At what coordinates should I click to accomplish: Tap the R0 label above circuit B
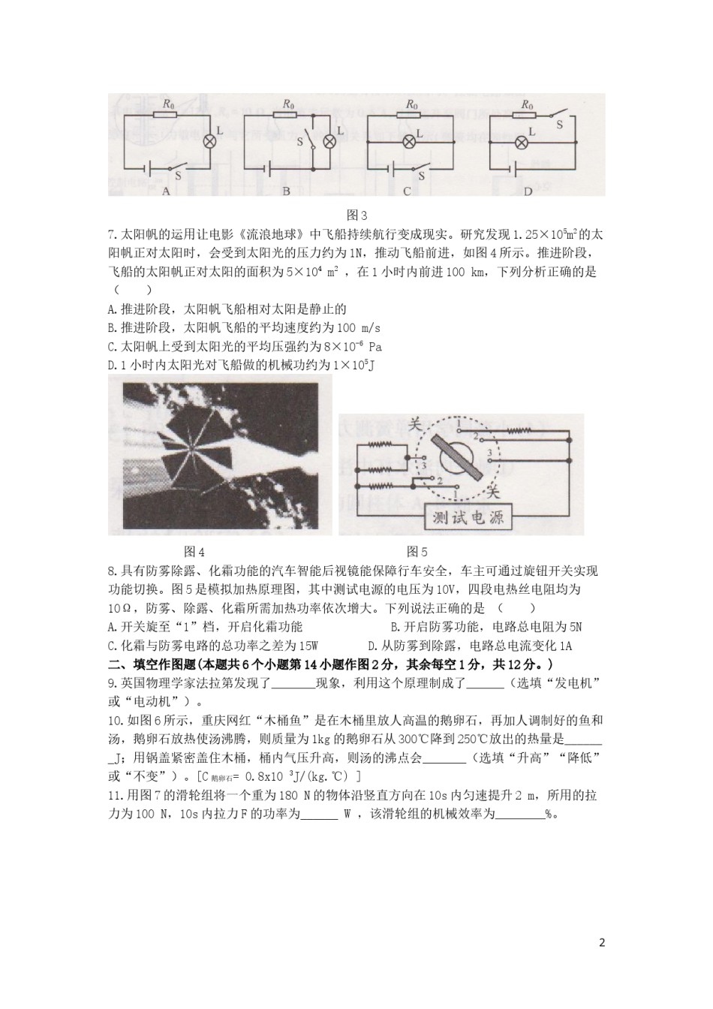coord(288,104)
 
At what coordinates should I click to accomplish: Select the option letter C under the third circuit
coord(406,191)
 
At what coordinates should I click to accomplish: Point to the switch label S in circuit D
coord(559,125)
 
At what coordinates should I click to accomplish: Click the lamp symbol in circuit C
coord(409,140)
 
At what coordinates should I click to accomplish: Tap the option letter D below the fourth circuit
coord(528,191)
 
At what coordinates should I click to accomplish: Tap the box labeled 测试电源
coord(465,517)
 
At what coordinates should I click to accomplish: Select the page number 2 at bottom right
coord(601,943)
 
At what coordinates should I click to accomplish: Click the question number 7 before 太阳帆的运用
coord(112,234)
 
